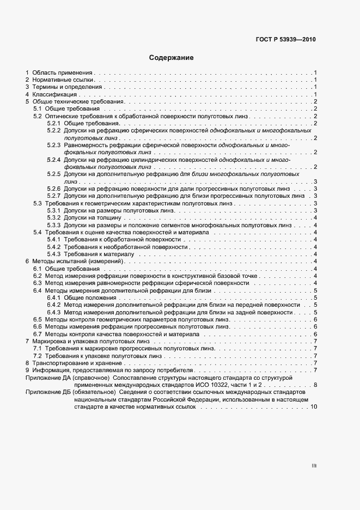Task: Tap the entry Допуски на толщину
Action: pos(89,217)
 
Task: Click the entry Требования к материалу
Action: pos(99,254)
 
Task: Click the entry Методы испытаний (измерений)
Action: pos(78,262)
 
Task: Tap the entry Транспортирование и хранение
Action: pos(77,363)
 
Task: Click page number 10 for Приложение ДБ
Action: pos(314,407)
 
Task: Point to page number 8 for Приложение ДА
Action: pos(315,385)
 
